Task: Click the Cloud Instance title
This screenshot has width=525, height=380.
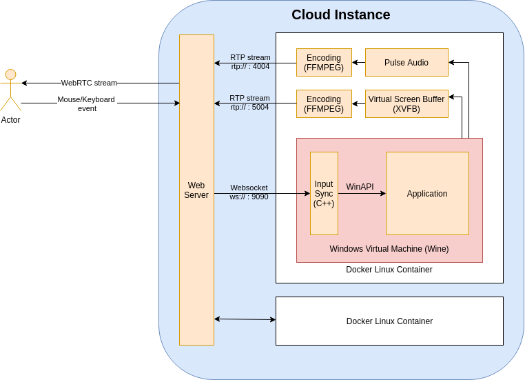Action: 340,14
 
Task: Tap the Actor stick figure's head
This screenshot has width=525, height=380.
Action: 10,74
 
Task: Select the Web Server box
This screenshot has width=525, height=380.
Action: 196,190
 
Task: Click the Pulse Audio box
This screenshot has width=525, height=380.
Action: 406,63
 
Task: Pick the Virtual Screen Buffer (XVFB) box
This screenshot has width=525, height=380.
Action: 406,104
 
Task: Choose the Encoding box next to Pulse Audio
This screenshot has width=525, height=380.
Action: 324,63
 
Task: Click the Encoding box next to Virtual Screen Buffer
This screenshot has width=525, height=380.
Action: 324,104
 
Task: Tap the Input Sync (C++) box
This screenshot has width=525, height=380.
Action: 324,194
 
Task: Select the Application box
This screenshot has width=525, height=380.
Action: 427,194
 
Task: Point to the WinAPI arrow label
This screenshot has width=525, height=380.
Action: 360,187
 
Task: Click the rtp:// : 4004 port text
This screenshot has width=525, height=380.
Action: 250,67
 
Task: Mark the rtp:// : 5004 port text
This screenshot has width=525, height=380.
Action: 249,108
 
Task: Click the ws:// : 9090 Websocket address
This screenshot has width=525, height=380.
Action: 249,197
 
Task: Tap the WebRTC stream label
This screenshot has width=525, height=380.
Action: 89,83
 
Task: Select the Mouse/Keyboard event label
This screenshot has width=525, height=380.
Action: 87,103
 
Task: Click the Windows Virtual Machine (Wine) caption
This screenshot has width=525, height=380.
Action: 389,249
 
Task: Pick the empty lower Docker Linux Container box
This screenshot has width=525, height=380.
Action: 389,321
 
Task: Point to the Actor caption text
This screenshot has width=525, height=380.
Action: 10,120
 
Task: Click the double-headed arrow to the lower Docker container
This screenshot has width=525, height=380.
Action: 245,319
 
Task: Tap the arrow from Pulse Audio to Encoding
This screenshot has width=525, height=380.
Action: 358,63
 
